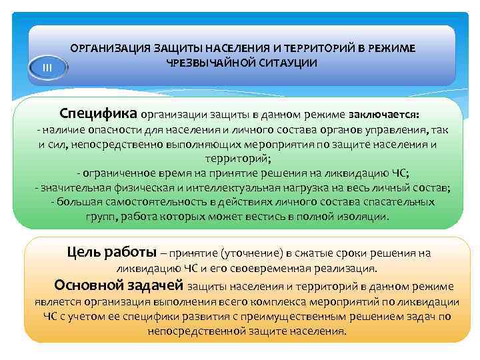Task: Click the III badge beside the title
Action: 47,68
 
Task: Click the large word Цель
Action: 83,252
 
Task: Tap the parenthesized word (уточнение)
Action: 247,254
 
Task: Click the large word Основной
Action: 87,286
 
